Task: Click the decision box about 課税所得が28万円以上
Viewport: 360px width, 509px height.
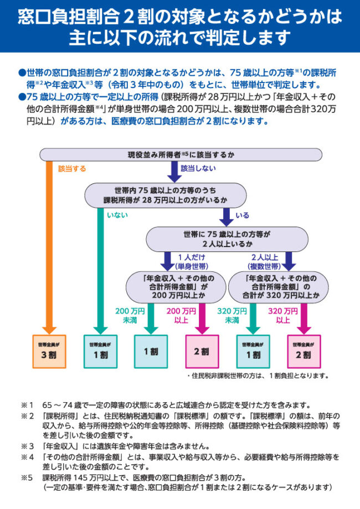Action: pyautogui.click(x=164, y=195)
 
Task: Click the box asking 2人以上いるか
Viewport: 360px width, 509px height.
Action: pyautogui.click(x=227, y=239)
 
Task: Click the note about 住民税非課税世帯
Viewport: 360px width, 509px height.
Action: pyautogui.click(x=258, y=376)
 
